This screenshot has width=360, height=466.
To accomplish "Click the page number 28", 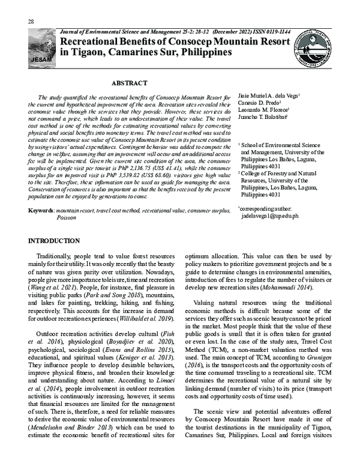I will pos(31,22).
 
